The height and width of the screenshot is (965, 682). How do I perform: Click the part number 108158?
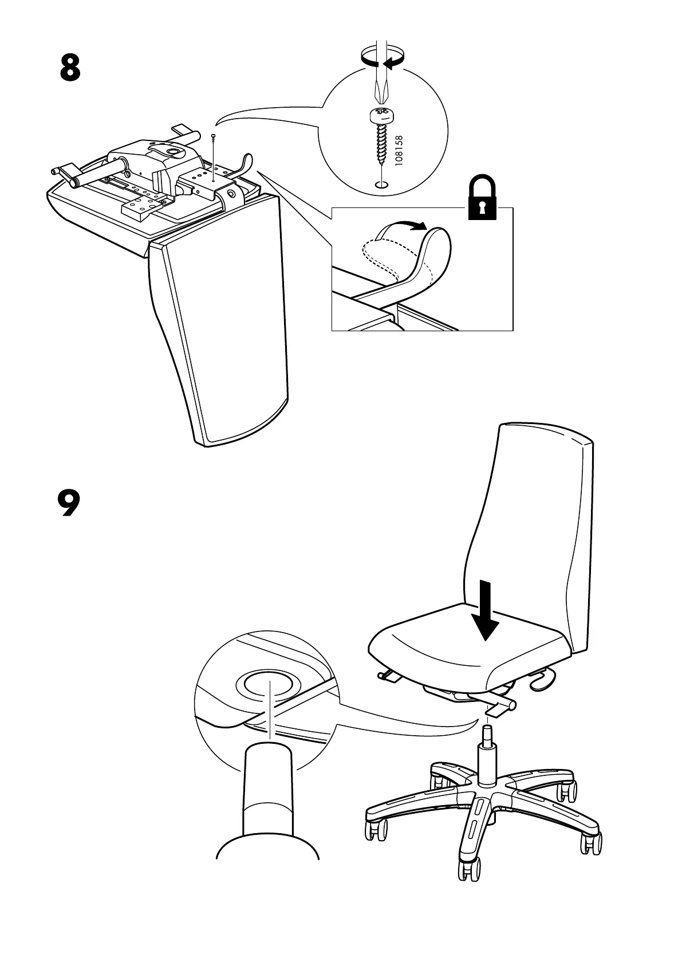coord(399,150)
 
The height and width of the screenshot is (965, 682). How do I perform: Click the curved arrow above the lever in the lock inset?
coord(410,225)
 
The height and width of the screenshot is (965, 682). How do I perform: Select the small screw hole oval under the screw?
coord(380,184)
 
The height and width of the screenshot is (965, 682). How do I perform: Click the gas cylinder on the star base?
coord(487,756)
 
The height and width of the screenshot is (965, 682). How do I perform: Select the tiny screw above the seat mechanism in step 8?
coord(213,138)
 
